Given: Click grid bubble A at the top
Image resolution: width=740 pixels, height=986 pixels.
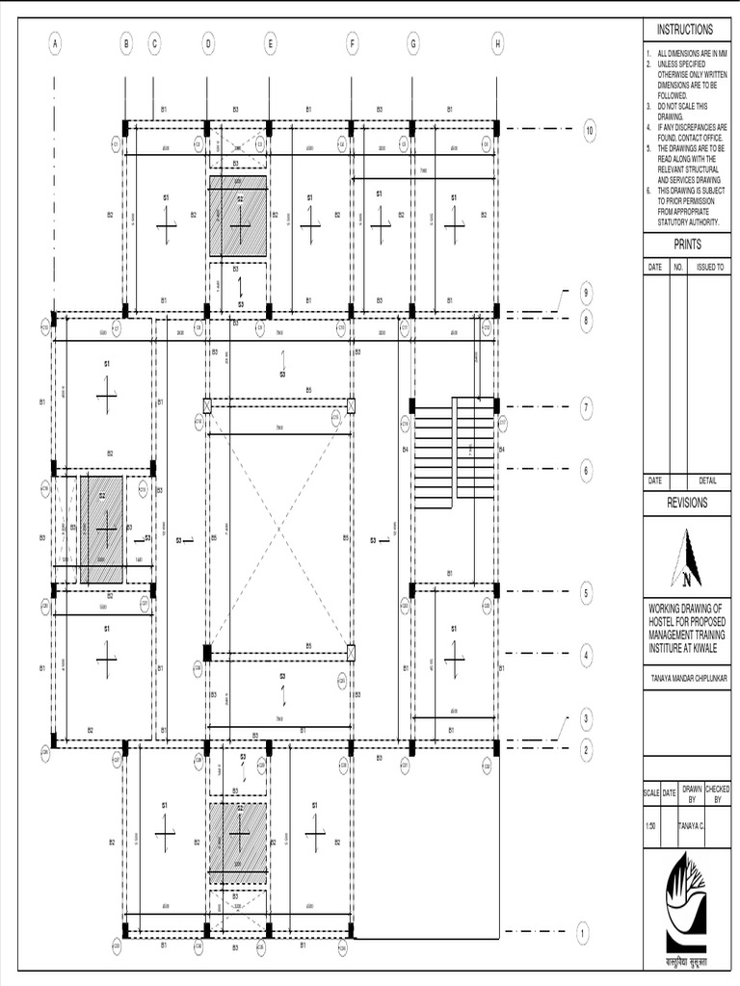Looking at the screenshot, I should pos(55,42).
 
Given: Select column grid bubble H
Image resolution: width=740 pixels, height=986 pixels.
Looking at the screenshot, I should pos(497,42).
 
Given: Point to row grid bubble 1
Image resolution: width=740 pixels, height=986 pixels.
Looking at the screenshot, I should pos(582,932).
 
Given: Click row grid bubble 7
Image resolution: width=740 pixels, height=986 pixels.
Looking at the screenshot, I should pos(586,408).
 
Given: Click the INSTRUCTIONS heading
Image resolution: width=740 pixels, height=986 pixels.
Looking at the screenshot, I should pos(685,30).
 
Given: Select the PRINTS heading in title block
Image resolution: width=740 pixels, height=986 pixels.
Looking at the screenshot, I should pos(686,246).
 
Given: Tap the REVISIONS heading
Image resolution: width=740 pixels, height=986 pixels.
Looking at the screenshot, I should pos(687,503).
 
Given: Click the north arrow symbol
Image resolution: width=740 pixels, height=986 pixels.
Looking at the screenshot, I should pos(687,558).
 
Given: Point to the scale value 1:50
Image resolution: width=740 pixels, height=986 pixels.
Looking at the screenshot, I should pos(652,825).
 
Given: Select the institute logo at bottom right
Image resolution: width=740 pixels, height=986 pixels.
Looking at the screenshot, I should pos(687,906).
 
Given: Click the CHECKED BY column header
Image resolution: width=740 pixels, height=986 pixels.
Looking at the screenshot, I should pos(718,793).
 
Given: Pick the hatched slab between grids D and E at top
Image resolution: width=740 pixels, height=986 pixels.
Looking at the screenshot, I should pos(238,216).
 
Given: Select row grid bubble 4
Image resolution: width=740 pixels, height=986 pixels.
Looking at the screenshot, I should pos(586,656).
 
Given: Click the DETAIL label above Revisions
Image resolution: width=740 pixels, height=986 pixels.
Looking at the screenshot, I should pos(708,480).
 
